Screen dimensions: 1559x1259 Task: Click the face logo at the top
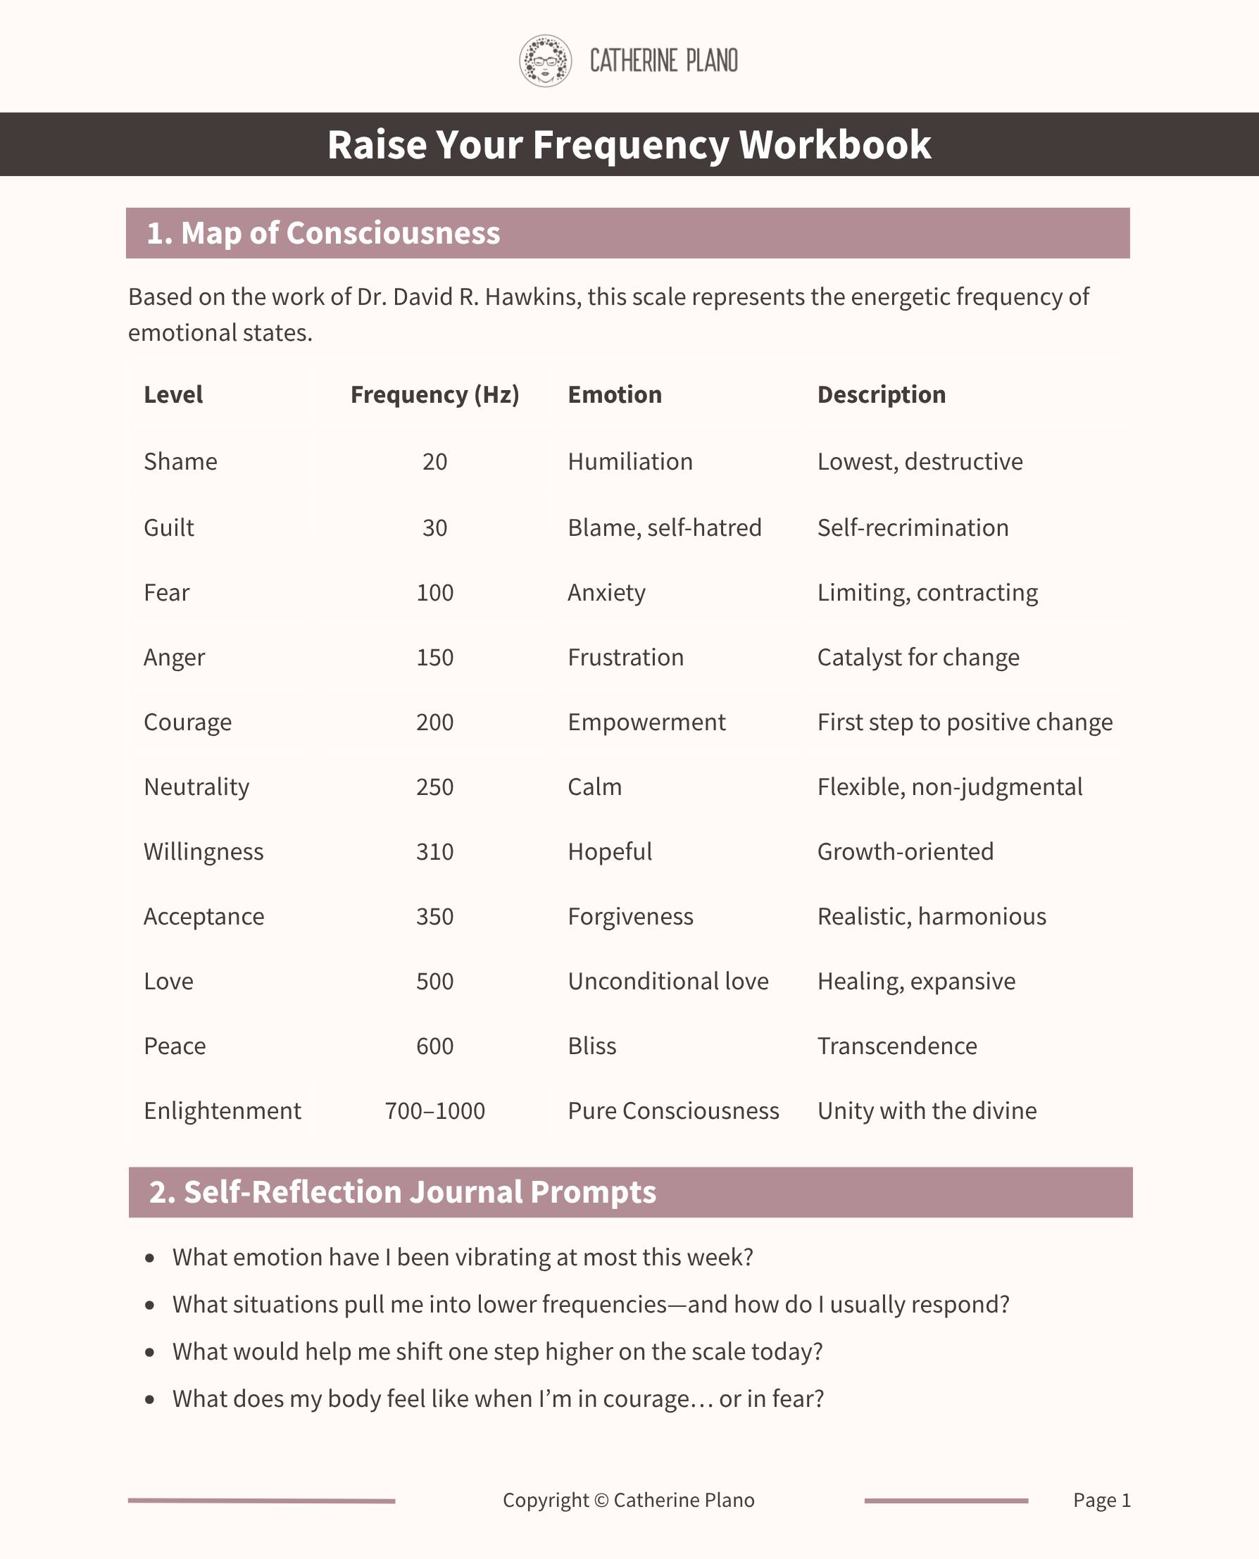click(546, 61)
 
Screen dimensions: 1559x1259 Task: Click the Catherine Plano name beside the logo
click(663, 61)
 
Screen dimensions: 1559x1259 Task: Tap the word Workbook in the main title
click(834, 144)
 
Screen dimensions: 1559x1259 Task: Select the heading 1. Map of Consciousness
click(322, 234)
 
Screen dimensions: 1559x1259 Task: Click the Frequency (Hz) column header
click(434, 394)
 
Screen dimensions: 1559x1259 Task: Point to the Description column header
click(881, 394)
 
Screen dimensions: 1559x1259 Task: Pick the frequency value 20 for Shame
click(434, 461)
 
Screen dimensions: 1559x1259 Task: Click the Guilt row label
click(169, 527)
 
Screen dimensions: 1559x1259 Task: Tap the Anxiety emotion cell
click(606, 592)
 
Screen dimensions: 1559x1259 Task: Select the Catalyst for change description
click(918, 657)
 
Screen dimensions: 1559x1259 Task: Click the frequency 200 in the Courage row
click(434, 722)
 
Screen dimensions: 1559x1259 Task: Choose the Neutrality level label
click(196, 787)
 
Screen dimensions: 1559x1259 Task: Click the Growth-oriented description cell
click(905, 851)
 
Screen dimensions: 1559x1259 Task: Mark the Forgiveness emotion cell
click(630, 917)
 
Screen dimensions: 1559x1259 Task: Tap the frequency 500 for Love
click(434, 981)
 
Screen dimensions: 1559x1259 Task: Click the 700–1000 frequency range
click(434, 1111)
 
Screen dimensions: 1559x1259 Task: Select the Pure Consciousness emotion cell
click(673, 1111)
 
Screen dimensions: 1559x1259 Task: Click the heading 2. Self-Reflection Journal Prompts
click(403, 1192)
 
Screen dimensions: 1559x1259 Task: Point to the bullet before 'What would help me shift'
click(150, 1353)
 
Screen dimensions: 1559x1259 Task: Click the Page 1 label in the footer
click(1101, 1500)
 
